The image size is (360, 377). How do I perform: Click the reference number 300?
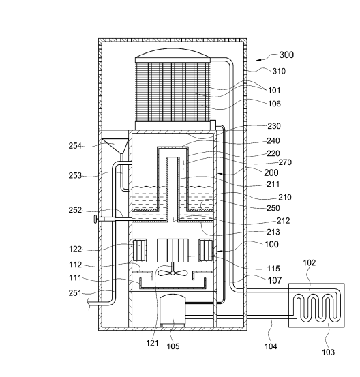[x=286, y=55]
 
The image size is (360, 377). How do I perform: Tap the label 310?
[x=279, y=71]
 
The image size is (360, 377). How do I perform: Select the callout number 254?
[x=75, y=146]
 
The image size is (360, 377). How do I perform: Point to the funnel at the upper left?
[x=115, y=145]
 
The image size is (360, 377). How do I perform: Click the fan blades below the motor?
[x=172, y=273]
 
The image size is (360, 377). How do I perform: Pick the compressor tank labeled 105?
[x=172, y=310]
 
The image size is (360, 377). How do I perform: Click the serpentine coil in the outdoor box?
[x=316, y=305]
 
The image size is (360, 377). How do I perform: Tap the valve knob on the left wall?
[x=96, y=220]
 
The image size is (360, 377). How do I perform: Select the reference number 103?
[x=328, y=352]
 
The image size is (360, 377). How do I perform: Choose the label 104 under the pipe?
[x=271, y=346]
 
